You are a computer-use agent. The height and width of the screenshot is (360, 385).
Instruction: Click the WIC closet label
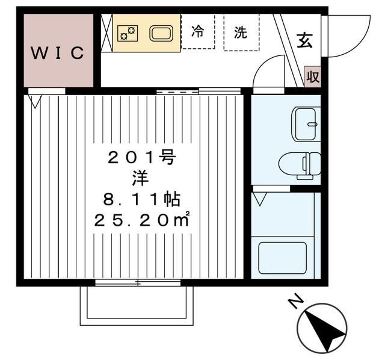[58, 52]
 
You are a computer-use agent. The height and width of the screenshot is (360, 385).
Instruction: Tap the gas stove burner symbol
[128, 33]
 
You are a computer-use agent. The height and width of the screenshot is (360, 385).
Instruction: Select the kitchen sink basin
[161, 33]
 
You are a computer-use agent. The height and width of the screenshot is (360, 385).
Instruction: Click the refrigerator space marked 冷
[198, 31]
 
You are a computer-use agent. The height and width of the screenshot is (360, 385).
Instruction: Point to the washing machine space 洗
[241, 33]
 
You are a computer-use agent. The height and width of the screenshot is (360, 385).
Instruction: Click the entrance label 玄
[305, 40]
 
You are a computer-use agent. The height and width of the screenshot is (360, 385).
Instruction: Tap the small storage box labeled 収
[313, 76]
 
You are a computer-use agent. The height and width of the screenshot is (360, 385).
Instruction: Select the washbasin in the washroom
[306, 124]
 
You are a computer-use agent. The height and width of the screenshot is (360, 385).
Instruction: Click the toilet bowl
[300, 164]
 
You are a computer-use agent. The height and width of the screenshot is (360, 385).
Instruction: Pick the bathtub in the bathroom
[283, 258]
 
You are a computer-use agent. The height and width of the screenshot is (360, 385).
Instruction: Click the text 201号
[142, 158]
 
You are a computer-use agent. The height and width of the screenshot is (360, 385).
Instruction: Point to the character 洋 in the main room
[140, 179]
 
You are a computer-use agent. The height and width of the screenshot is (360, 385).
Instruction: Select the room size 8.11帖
[142, 199]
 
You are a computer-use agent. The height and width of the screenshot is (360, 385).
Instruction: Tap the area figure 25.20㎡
[142, 220]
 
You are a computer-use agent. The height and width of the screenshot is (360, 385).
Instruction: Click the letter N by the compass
[296, 300]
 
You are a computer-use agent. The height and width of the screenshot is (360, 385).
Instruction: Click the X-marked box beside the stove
[106, 33]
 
